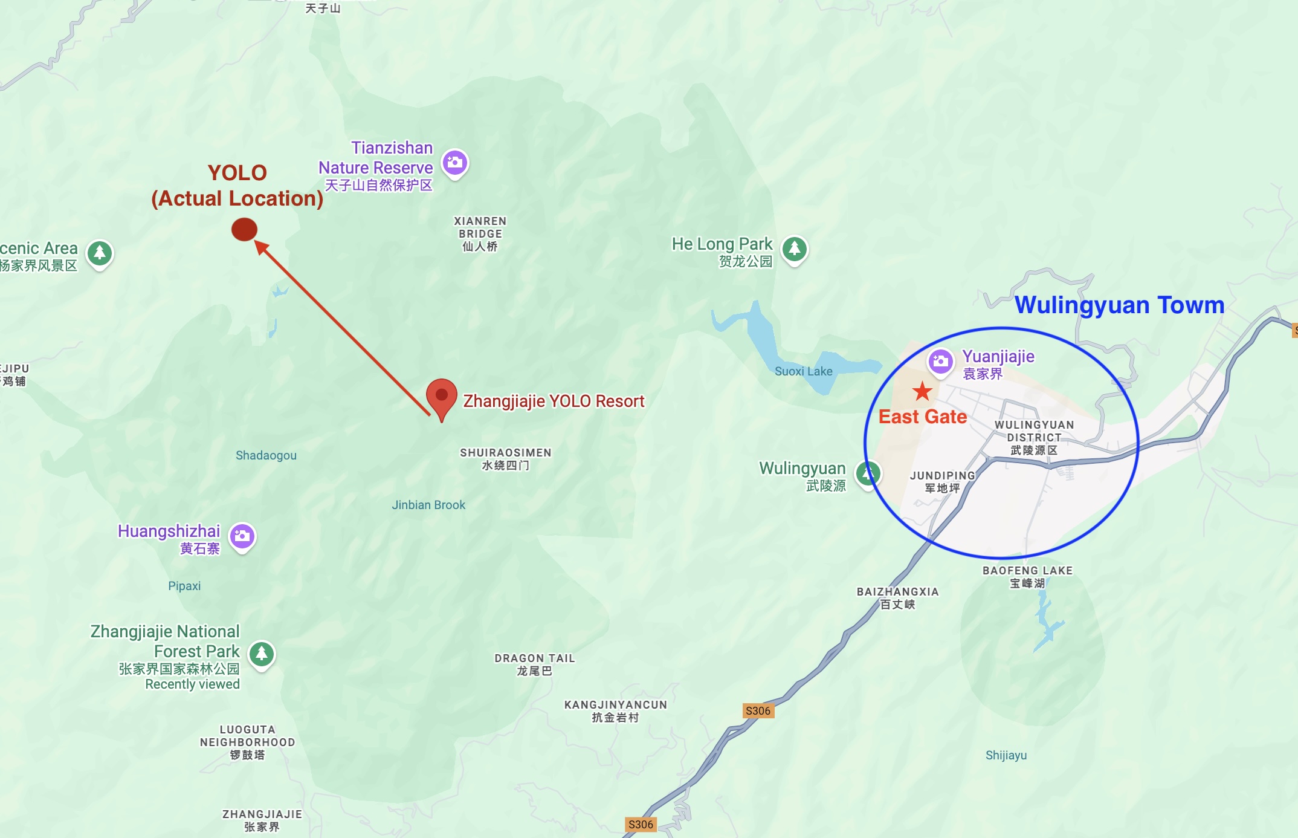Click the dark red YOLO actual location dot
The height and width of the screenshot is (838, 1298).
point(244,230)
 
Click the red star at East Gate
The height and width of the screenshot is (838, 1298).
point(922,392)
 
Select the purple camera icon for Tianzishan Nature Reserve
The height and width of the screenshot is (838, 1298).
point(455,163)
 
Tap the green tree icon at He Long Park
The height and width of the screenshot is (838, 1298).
point(795,248)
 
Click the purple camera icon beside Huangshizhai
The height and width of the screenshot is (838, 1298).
point(242,536)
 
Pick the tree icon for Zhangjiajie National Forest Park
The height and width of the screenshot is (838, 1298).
point(262,654)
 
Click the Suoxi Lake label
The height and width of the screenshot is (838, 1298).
point(803,371)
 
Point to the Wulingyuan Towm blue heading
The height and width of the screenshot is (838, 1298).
point(1119,305)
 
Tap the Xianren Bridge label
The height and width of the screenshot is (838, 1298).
point(480,233)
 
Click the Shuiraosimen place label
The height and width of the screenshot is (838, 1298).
point(505,458)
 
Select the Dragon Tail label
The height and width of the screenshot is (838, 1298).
point(534,664)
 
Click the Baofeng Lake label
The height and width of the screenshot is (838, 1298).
point(1027,576)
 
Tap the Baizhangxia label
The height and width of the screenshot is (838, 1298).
point(897,597)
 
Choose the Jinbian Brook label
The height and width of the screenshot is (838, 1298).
point(428,505)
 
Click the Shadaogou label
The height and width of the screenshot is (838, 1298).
point(266,455)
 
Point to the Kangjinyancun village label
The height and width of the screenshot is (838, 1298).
point(615,710)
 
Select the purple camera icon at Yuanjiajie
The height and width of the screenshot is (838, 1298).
point(940,362)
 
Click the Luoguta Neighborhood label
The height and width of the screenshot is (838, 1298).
point(247,742)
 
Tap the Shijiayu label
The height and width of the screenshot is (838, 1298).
point(1006,755)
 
